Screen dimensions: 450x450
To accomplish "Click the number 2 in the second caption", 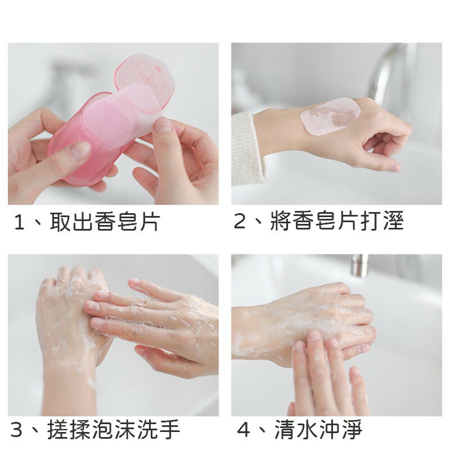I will coord(240,222).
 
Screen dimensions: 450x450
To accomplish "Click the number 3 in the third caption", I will coord(17,430).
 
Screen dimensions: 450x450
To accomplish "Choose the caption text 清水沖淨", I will coord(318,430).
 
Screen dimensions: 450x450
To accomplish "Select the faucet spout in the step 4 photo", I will coord(359,265).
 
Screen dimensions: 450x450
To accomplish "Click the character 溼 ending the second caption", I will coord(392,222).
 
